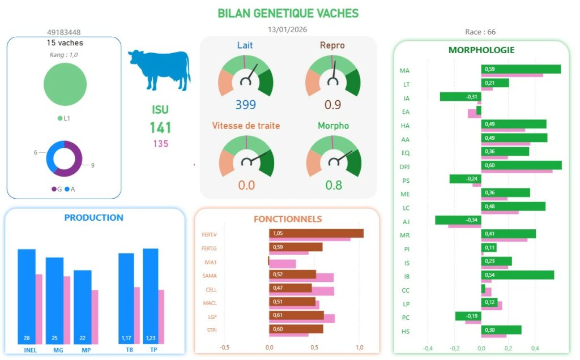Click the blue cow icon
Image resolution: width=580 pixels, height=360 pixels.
click(x=160, y=69)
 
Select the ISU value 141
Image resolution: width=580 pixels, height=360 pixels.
click(x=160, y=127)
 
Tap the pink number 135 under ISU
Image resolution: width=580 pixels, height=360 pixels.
click(x=160, y=144)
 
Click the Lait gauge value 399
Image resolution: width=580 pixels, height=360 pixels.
click(x=246, y=105)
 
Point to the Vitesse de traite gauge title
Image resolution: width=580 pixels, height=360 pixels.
click(x=246, y=125)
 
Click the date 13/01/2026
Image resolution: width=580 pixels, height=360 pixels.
click(x=288, y=29)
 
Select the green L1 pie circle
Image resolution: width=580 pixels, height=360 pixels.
click(x=65, y=84)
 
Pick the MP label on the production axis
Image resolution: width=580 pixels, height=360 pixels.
click(x=86, y=350)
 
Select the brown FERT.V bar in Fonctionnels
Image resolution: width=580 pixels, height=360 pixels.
click(x=316, y=233)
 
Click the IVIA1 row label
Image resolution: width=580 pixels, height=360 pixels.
click(x=210, y=262)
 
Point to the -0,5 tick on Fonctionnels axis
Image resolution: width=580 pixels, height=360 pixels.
click(x=224, y=347)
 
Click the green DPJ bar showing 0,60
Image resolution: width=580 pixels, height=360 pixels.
click(x=521, y=165)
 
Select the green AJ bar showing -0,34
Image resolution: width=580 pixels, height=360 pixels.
click(x=458, y=220)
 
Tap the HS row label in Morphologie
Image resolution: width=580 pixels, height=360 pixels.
click(x=405, y=331)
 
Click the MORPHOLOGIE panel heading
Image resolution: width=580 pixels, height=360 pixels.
click(x=481, y=50)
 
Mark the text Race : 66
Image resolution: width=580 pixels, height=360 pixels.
click(x=480, y=32)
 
